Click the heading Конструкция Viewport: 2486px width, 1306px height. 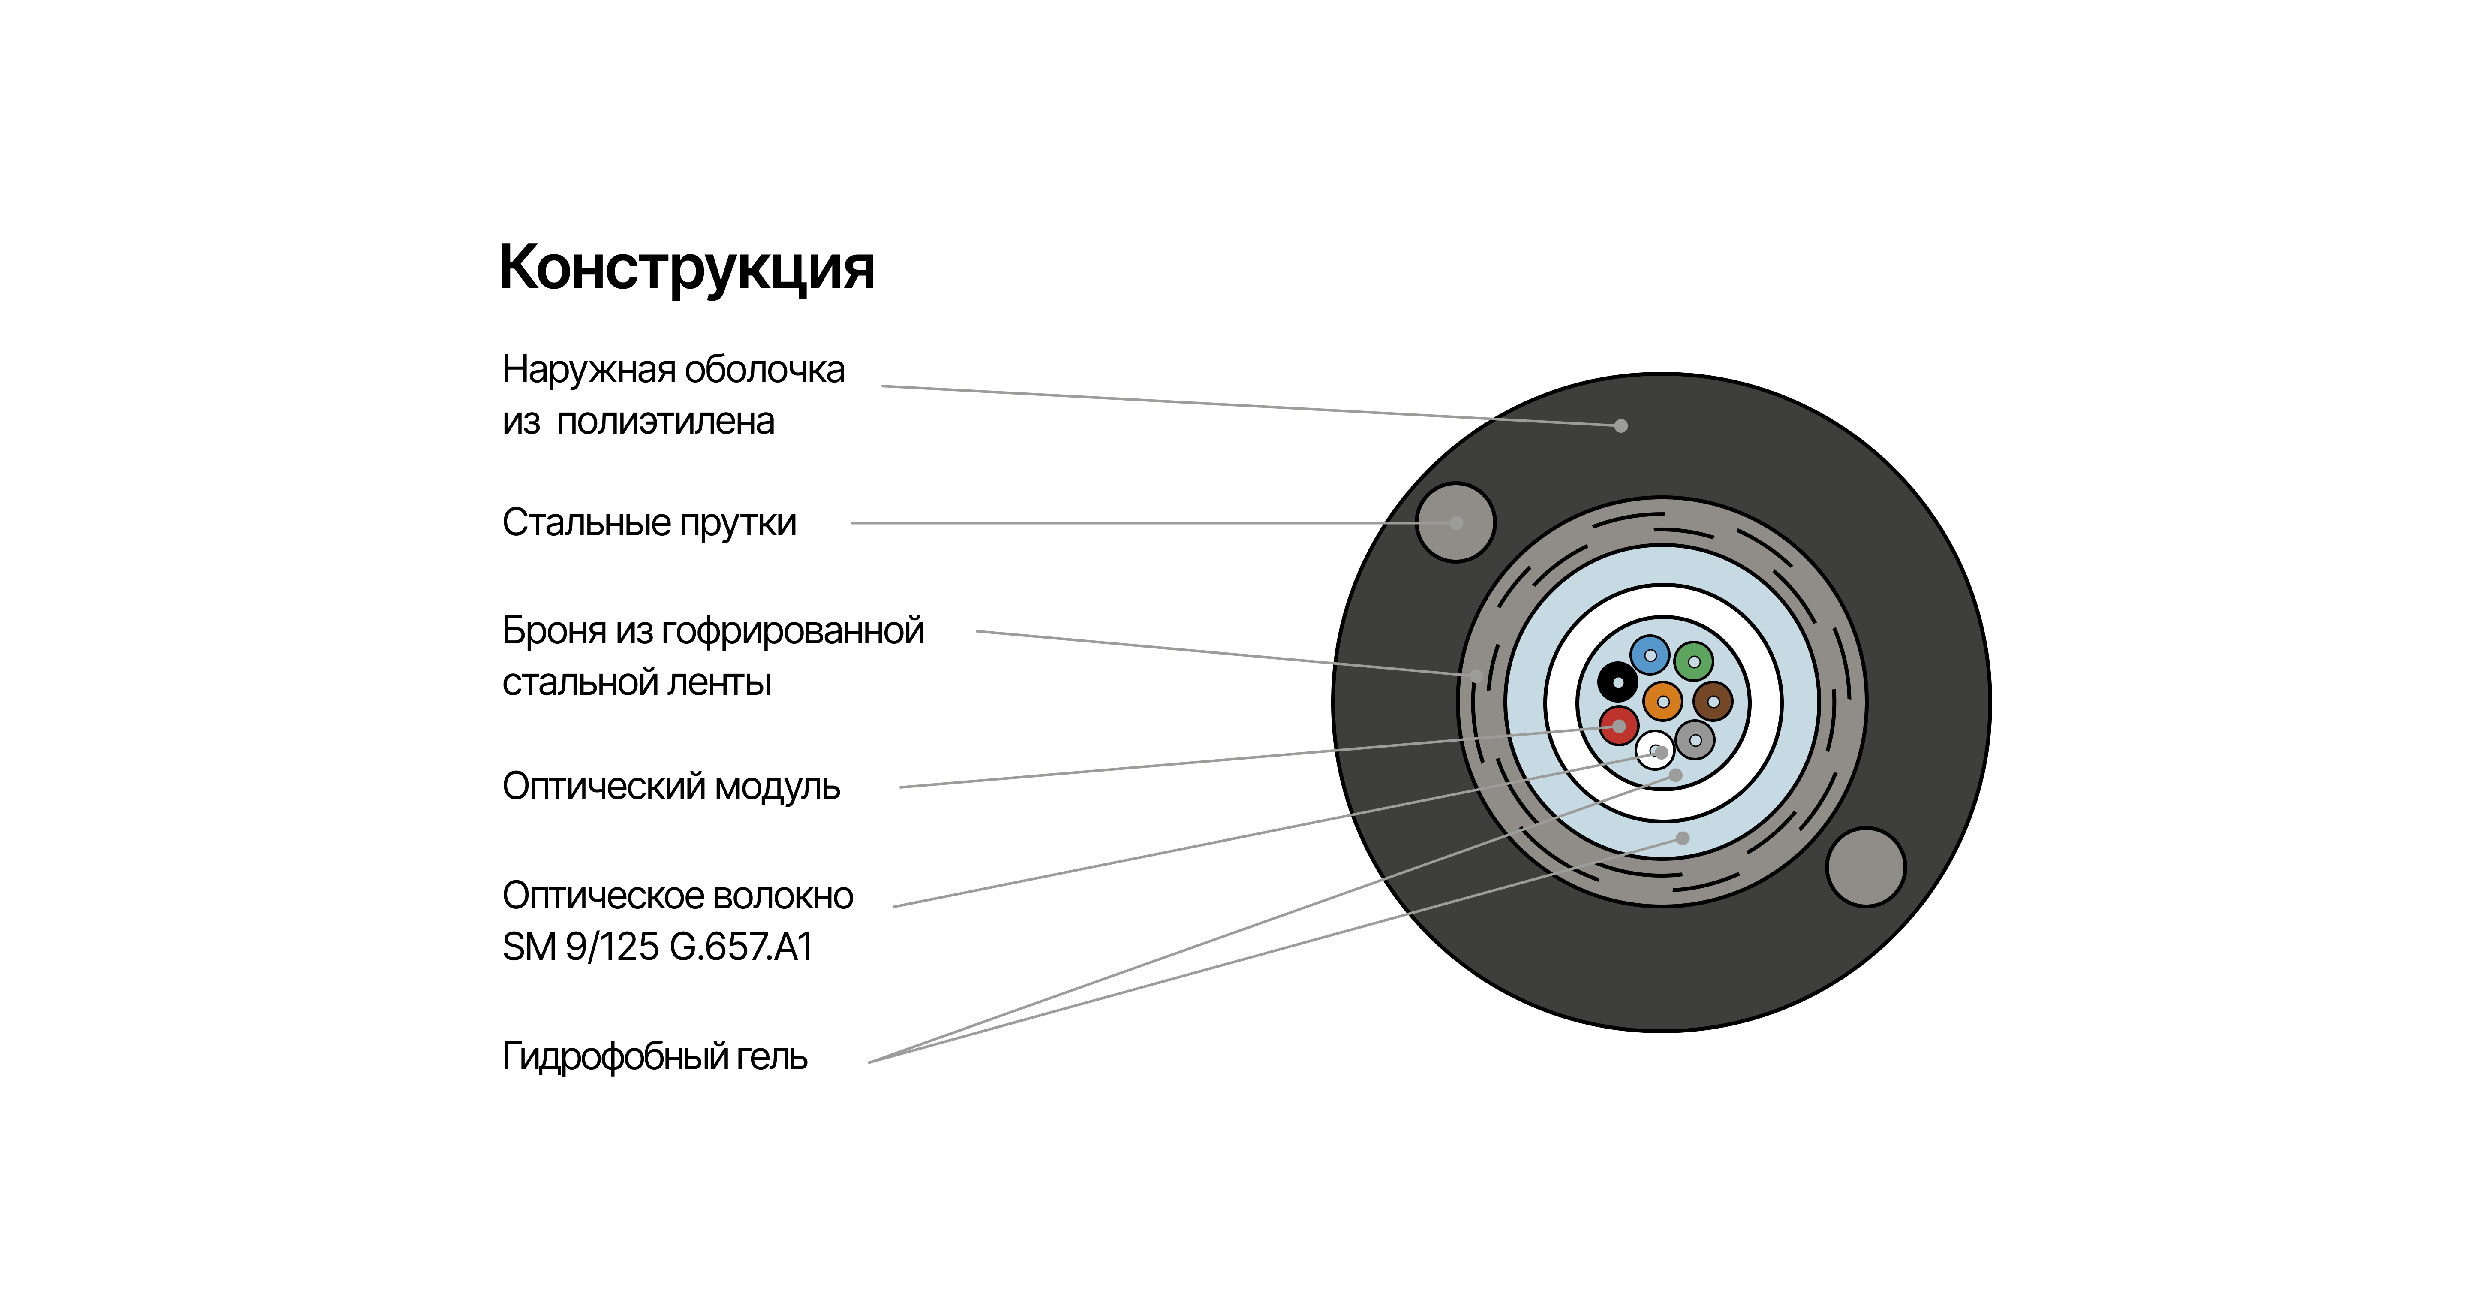pos(686,268)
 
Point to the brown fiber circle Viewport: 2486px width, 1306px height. pos(1713,702)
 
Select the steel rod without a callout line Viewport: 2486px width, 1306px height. pos(1866,867)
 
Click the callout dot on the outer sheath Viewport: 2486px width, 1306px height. pos(1621,425)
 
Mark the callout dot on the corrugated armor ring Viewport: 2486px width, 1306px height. pos(1476,676)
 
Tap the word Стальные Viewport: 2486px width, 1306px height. pos(587,523)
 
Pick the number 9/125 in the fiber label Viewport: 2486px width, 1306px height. pos(612,947)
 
